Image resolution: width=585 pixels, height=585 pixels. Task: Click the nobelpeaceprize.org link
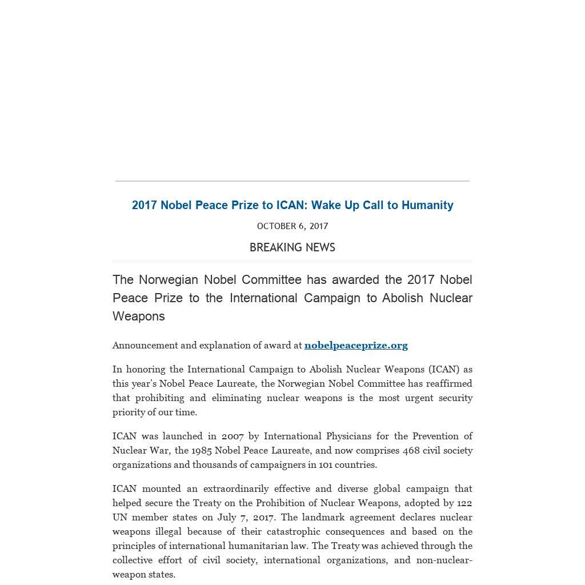click(356, 345)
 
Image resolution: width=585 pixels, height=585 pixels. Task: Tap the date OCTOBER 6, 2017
click(292, 226)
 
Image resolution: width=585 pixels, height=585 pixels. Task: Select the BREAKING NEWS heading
click(292, 247)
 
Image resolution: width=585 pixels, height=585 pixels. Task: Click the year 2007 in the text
click(233, 436)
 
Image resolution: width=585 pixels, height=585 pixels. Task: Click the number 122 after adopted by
click(464, 503)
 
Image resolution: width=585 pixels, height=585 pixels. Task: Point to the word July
click(227, 517)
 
